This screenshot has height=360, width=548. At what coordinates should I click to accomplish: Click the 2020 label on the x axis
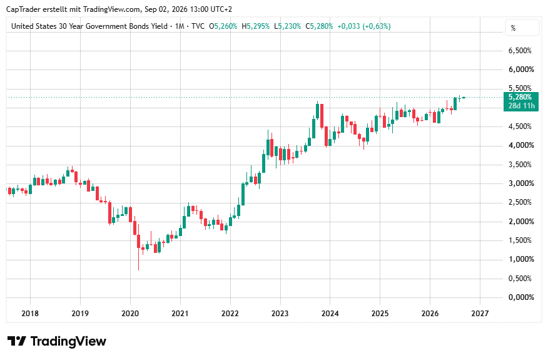pyautogui.click(x=130, y=313)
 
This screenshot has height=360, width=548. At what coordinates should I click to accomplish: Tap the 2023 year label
pyautogui.click(x=280, y=313)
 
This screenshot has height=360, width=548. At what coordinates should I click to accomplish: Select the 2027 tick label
pyautogui.click(x=480, y=313)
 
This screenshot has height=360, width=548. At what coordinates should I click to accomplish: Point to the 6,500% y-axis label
pyautogui.click(x=520, y=51)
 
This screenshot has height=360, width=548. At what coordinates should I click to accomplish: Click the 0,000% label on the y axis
pyautogui.click(x=521, y=297)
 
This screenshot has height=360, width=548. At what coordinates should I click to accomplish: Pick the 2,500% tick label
pyautogui.click(x=520, y=202)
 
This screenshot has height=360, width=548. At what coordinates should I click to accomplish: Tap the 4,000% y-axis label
pyautogui.click(x=521, y=145)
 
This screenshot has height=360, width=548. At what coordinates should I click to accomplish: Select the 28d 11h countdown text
pyautogui.click(x=522, y=106)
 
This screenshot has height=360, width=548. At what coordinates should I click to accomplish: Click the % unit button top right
pyautogui.click(x=522, y=28)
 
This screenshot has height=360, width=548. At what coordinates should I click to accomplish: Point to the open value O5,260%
pyautogui.click(x=223, y=26)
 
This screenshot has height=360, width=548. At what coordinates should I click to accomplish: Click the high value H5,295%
pyautogui.click(x=255, y=26)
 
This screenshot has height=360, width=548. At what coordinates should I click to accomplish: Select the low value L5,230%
pyautogui.click(x=287, y=26)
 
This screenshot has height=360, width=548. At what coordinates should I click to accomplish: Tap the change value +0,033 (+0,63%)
pyautogui.click(x=364, y=26)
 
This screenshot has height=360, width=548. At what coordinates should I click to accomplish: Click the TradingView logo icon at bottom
pyautogui.click(x=17, y=341)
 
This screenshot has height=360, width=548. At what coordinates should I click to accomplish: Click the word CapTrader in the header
pyautogui.click(x=23, y=9)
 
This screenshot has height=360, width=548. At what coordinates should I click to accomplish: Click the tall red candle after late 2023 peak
pyautogui.click(x=322, y=116)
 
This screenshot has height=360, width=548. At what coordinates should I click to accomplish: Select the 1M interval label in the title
pyautogui.click(x=180, y=26)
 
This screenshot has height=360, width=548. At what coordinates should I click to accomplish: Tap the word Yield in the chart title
pyautogui.click(x=160, y=26)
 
